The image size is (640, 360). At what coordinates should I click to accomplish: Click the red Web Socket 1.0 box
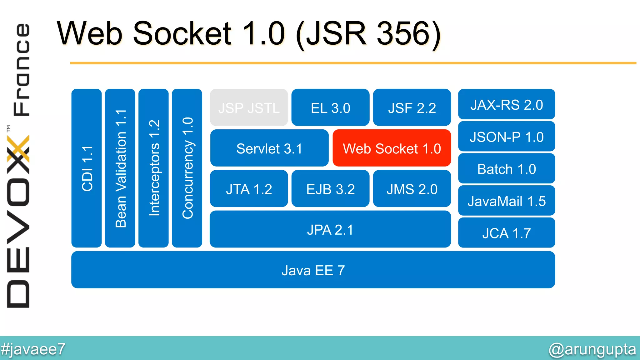[x=392, y=148]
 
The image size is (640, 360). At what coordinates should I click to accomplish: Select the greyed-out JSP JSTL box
[x=249, y=107]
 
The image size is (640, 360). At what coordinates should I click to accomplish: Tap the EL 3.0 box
[x=330, y=107]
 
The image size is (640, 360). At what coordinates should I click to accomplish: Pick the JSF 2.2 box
[x=412, y=107]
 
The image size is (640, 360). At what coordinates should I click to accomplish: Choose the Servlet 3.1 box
[x=269, y=148]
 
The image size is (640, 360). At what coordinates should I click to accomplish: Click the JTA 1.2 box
[x=249, y=189]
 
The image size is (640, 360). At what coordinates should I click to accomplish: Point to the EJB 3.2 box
[x=330, y=189]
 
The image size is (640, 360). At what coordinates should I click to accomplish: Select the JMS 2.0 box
[x=412, y=189]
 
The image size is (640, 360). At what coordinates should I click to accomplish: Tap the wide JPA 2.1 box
[x=330, y=229]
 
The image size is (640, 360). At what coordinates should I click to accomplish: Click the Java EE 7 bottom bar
[x=313, y=270]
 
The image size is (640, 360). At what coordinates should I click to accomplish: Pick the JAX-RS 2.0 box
[x=506, y=104]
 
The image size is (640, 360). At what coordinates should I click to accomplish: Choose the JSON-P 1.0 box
[x=506, y=137]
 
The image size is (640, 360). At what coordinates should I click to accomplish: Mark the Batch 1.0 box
[x=506, y=169]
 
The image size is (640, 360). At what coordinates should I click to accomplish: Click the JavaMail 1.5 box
[x=506, y=201]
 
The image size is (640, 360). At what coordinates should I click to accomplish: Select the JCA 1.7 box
[x=506, y=233]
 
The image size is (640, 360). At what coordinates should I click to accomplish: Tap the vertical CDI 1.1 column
[x=87, y=168]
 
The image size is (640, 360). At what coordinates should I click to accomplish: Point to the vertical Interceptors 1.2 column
[x=153, y=168]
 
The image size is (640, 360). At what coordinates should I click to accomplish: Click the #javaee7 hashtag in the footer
[x=33, y=349]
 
